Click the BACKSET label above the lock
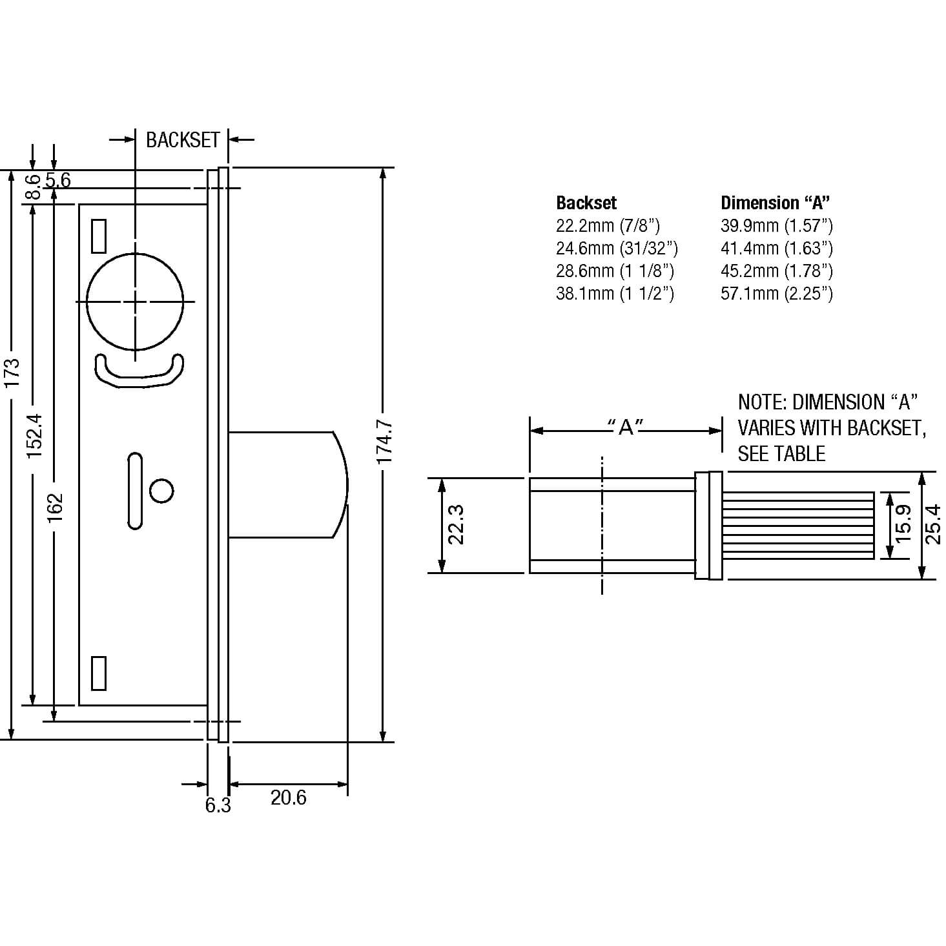pyautogui.click(x=183, y=140)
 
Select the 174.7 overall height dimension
pyautogui.click(x=384, y=442)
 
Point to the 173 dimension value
pyautogui.click(x=12, y=373)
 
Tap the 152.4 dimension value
pyautogui.click(x=35, y=437)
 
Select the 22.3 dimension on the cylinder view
pyautogui.click(x=456, y=525)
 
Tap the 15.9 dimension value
pyautogui.click(x=904, y=524)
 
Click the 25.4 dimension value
pyautogui.click(x=932, y=524)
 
